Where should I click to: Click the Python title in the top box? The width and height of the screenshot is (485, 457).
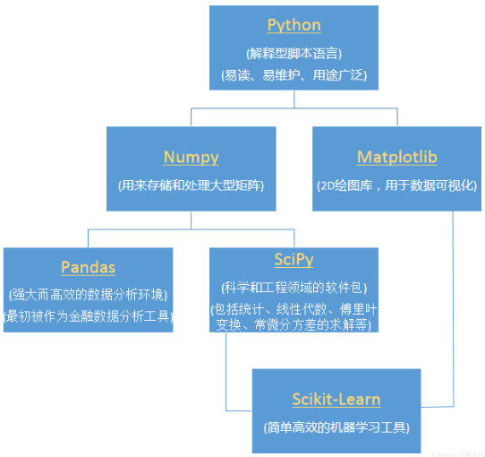pos(294,25)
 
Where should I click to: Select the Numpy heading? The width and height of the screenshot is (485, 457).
pos(191,157)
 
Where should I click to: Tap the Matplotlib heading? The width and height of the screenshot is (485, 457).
pos(396,157)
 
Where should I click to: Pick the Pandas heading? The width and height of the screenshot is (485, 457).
pos(88,267)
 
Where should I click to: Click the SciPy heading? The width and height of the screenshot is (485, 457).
pos(294,259)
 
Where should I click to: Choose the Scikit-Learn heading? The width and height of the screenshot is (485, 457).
pos(336,400)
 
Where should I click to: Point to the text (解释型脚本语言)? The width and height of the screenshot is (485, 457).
pos(294,54)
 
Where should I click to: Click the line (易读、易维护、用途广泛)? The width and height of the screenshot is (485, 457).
pos(294,75)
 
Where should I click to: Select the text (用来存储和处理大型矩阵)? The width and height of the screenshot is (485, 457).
pos(191,185)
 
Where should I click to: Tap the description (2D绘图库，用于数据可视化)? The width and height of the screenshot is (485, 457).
pos(396,185)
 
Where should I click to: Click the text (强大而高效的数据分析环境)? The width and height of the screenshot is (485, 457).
pos(88,294)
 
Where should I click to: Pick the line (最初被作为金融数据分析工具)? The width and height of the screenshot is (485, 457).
pos(88,315)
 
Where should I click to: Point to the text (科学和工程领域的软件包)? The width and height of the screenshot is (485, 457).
pos(294,288)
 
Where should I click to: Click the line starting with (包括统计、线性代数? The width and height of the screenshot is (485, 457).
pos(294,309)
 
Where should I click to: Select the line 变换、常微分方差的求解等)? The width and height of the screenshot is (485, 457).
pos(294,324)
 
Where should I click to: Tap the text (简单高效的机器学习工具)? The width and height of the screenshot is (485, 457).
pos(336,427)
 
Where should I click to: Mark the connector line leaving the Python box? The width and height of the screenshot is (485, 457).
pos(294,99)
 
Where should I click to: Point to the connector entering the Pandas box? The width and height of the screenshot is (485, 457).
pos(88,237)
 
